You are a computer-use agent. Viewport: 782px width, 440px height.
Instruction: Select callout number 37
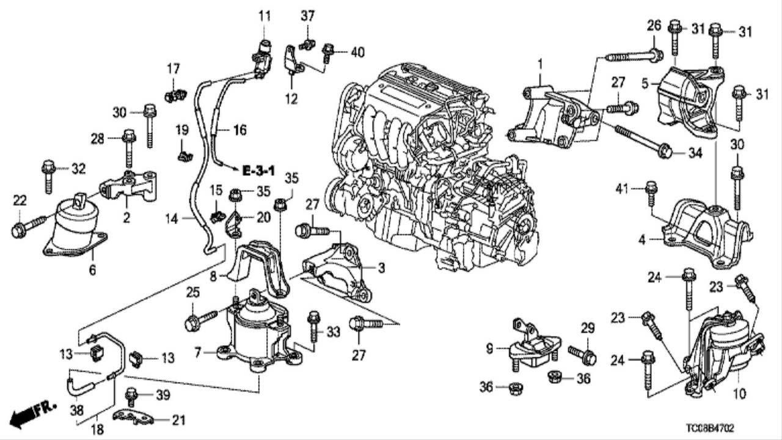click(x=307, y=16)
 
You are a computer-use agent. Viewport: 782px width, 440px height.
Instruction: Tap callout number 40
click(x=357, y=53)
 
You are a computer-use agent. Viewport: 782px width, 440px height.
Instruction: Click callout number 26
click(x=654, y=26)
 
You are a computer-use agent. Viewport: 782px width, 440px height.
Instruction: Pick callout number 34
click(x=695, y=153)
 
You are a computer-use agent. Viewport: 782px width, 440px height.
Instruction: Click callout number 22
click(x=20, y=200)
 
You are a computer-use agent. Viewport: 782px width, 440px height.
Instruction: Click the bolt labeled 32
click(x=48, y=175)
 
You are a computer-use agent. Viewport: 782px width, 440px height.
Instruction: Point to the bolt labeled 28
click(x=128, y=147)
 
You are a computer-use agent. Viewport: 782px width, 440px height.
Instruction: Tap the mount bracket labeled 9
click(x=532, y=348)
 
